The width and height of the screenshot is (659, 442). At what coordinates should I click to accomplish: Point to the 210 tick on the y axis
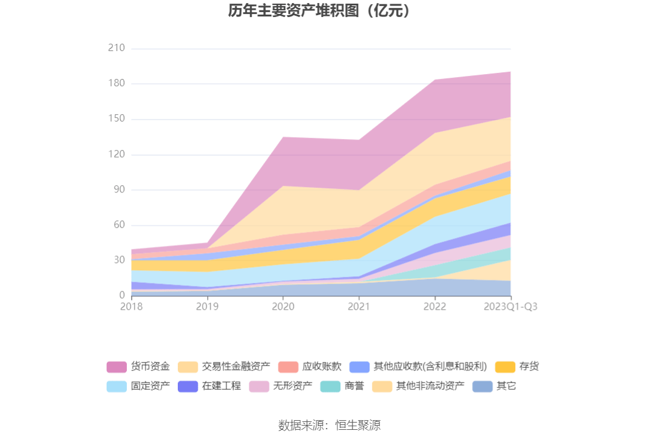tap(116, 48)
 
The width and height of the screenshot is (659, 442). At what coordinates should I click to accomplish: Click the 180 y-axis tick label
tap(116, 83)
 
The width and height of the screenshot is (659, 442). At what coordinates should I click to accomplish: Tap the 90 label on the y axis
tap(118, 189)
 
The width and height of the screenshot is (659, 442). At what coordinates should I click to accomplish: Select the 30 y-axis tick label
tap(118, 260)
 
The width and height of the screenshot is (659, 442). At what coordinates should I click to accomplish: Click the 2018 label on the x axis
tap(131, 307)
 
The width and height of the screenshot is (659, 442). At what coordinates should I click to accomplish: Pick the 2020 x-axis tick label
tap(283, 307)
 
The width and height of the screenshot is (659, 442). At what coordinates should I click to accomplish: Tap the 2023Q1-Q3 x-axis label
tap(510, 307)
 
